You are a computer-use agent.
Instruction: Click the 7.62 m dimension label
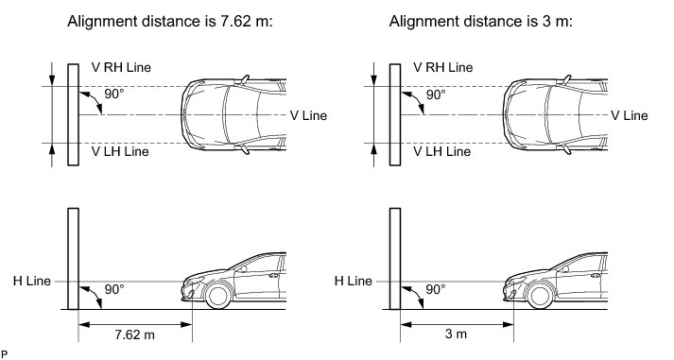click(x=134, y=334)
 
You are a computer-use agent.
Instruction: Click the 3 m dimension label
click(x=456, y=334)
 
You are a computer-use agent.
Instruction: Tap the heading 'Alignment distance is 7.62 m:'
click(x=170, y=21)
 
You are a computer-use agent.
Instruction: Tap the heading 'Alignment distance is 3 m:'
click(x=481, y=21)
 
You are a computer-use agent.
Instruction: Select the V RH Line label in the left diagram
click(x=121, y=67)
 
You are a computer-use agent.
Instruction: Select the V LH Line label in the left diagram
click(x=120, y=151)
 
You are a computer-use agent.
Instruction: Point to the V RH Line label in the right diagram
click(x=442, y=67)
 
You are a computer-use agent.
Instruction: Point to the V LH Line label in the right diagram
click(x=441, y=151)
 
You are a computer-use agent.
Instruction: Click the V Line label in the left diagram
click(x=308, y=115)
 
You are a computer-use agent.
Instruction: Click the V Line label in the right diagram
click(x=630, y=115)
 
